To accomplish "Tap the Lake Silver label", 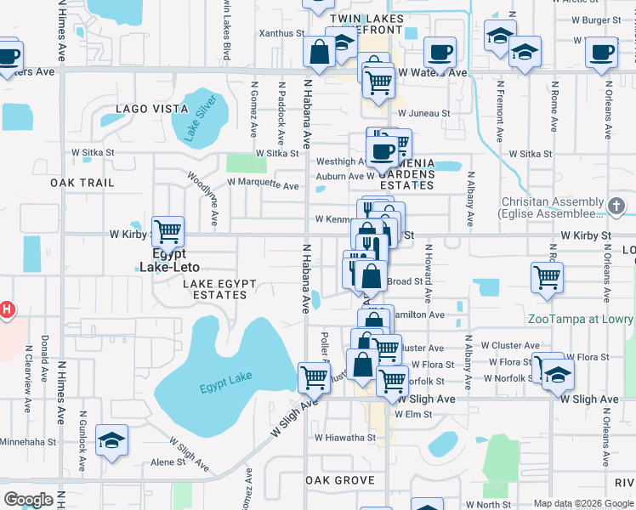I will coord(202,120).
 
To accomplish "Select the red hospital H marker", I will coord(7,309).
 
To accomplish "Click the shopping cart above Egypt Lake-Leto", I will coord(169,229).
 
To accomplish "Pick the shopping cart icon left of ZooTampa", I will coord(547,277).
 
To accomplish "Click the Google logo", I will coord(28,500).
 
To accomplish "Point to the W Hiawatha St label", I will coord(344,438).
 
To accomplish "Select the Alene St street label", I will coord(168,462).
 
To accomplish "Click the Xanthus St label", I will coord(281,33).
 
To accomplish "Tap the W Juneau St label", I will coord(422,112).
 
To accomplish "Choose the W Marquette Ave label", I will coord(263,184).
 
